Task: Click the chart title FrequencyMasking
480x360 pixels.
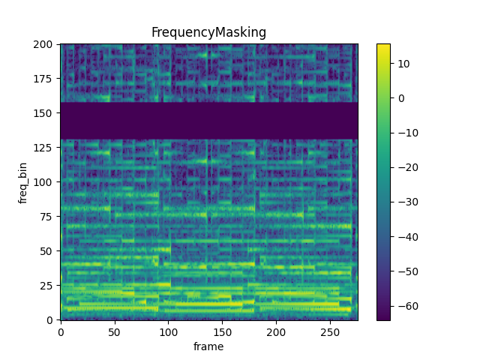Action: tap(208, 32)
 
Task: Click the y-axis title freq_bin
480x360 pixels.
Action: tap(23, 181)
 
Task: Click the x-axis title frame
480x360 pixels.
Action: tap(208, 346)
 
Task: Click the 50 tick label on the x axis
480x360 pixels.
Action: tap(114, 331)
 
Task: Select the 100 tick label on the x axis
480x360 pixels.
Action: tap(168, 331)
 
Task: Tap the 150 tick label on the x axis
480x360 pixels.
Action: tap(222, 331)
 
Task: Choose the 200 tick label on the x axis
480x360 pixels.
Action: tap(276, 331)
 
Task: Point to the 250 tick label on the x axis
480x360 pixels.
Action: tap(330, 331)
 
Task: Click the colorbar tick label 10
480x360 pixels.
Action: tap(402, 64)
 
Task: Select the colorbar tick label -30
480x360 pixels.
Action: tap(405, 202)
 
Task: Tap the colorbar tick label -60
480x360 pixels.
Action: tap(405, 306)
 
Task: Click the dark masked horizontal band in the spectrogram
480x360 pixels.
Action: tap(208, 121)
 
